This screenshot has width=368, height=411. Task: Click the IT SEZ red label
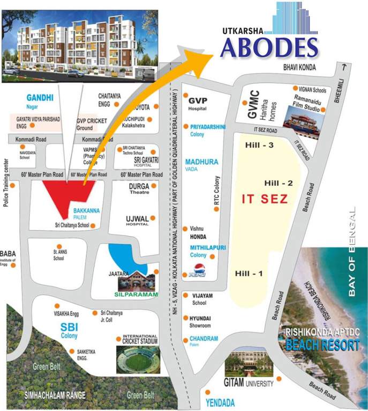click(265, 199)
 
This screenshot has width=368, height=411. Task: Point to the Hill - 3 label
click(259, 145)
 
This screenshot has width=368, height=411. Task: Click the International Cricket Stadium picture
click(138, 359)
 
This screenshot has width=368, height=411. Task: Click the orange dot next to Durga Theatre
click(155, 186)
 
